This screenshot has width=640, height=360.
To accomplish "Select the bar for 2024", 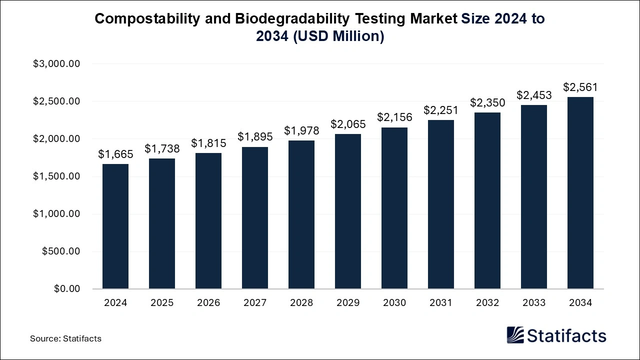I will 115,226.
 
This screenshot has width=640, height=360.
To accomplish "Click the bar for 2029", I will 348,211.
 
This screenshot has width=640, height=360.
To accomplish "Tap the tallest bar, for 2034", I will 580,192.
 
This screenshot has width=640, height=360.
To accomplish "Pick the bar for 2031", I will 441,204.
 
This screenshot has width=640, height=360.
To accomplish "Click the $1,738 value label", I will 162,148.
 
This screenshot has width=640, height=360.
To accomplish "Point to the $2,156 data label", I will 394,117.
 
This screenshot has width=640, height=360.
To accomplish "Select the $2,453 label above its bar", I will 534,94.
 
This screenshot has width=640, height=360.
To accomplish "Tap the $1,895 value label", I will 255,136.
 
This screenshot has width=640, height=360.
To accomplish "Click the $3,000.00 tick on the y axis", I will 56,64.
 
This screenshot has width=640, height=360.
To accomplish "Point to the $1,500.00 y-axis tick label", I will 56,176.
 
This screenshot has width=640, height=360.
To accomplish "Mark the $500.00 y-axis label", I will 61,251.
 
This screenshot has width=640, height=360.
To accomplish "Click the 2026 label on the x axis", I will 208,303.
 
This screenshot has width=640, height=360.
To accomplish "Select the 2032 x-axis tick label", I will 487,303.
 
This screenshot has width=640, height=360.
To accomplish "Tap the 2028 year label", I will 301,303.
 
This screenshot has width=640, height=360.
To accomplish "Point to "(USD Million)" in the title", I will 338,36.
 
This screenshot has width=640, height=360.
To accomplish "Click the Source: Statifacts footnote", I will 65,338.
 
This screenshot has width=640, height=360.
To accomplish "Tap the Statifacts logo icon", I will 515,335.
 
